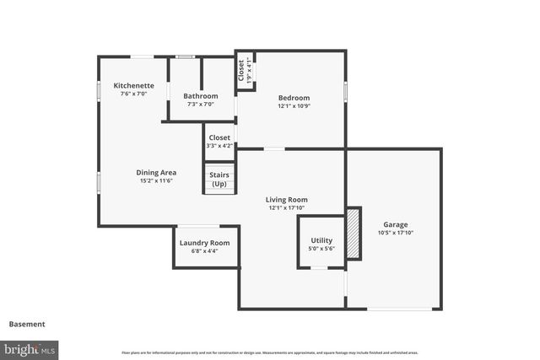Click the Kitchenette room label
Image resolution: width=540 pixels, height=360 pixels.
133,86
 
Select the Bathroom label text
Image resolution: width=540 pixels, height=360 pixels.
201,96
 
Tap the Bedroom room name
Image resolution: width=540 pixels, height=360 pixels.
294,98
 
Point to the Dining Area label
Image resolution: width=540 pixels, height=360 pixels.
158,172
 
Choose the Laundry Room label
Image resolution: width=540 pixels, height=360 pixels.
203,243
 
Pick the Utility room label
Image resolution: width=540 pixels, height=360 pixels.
321,241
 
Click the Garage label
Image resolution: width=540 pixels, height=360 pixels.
396,224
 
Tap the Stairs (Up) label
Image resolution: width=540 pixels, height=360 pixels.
219,180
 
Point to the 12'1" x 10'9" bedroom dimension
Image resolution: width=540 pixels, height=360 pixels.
294,106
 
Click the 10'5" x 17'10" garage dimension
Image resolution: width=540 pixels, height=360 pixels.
396,233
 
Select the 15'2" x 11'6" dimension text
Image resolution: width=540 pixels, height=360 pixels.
158,180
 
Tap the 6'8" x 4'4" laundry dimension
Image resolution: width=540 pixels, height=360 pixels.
203,250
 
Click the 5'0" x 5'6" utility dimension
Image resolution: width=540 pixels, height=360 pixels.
321,250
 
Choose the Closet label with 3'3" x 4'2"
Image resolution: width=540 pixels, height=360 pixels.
219,137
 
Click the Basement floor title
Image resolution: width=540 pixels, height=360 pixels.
27,324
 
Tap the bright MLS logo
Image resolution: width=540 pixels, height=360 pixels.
30,349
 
